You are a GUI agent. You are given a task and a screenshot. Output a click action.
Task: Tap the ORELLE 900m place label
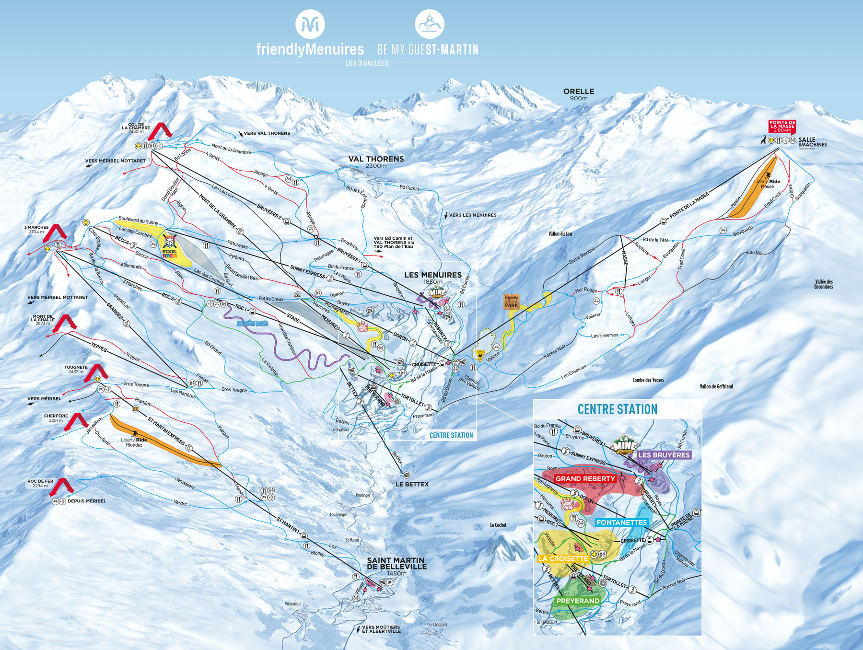(x=579, y=94)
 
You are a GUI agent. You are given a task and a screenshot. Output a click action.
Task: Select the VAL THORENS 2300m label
(x=376, y=162)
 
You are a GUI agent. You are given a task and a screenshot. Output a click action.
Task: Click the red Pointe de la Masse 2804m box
(x=782, y=126)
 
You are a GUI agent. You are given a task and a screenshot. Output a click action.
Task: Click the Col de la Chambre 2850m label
(x=136, y=128)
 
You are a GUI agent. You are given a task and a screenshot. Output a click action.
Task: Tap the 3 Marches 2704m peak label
(x=36, y=229)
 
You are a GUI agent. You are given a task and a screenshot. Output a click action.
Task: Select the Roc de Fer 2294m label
(x=40, y=483)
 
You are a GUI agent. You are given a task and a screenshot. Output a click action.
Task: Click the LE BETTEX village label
(x=412, y=484)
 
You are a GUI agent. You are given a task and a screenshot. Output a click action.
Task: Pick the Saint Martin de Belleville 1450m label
(x=396, y=566)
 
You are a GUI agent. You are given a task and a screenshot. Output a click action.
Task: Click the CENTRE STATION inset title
(x=617, y=409)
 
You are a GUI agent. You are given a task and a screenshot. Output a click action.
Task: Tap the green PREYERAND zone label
(x=578, y=601)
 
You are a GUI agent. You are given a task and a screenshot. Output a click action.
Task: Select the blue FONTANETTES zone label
(x=621, y=522)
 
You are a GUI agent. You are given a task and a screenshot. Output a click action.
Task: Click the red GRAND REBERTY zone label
(x=585, y=478)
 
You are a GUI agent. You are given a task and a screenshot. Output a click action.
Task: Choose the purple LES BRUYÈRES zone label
(x=664, y=455)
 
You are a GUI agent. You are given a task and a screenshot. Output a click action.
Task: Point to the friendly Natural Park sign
(x=512, y=302)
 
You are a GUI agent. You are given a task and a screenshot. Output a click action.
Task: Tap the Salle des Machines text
(x=813, y=142)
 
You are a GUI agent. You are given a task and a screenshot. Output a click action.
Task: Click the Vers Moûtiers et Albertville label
(x=381, y=629)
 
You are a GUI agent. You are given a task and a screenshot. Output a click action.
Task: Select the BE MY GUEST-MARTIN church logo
(x=429, y=24)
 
